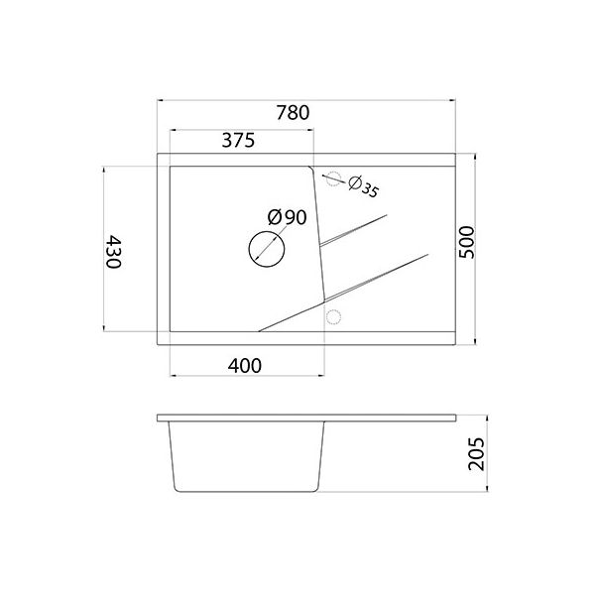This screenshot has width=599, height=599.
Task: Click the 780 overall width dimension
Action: tap(293, 113)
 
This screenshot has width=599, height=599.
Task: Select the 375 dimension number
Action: tap(239, 141)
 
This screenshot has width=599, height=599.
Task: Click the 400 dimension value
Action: tap(244, 365)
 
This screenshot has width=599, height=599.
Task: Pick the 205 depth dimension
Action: tap(475, 455)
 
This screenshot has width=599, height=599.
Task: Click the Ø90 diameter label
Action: tap(286, 217)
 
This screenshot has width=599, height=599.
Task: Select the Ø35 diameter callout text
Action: tap(364, 185)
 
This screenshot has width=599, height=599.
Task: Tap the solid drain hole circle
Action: tap(265, 247)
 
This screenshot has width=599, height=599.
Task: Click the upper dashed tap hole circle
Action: tap(334, 180)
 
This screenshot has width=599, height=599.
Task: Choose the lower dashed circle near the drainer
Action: tap(333, 316)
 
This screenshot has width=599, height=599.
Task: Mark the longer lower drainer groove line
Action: tap(342, 290)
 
